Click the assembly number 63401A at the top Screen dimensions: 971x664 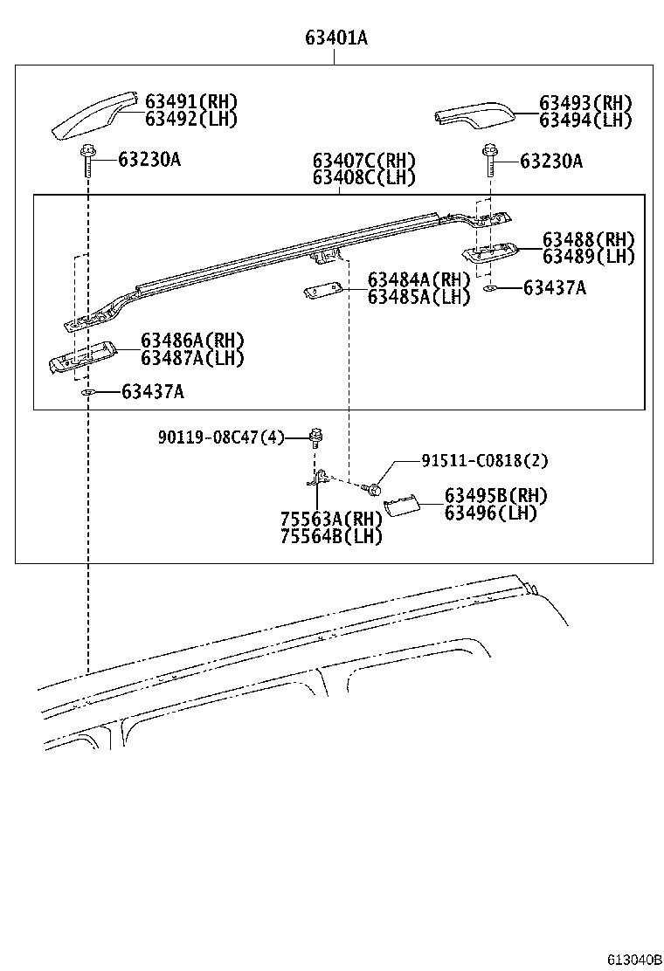[x=335, y=38]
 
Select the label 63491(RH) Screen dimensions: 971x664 [x=190, y=101]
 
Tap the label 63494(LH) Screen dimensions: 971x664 [x=584, y=121]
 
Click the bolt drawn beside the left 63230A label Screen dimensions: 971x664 [x=88, y=158]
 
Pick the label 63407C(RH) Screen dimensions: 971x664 [x=363, y=161]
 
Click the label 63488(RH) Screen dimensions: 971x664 [x=588, y=239]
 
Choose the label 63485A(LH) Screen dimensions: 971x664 [x=418, y=297]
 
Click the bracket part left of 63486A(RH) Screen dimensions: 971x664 [x=82, y=355]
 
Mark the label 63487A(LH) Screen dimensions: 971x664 [x=192, y=357]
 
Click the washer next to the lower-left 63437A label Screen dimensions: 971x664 [x=88, y=392]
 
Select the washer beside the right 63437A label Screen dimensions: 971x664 [x=490, y=287]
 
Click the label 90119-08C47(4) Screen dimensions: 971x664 [x=221, y=437]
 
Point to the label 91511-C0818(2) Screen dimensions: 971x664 [x=485, y=461]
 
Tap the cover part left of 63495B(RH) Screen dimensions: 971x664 [x=404, y=506]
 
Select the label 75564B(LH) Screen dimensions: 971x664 [x=331, y=536]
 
